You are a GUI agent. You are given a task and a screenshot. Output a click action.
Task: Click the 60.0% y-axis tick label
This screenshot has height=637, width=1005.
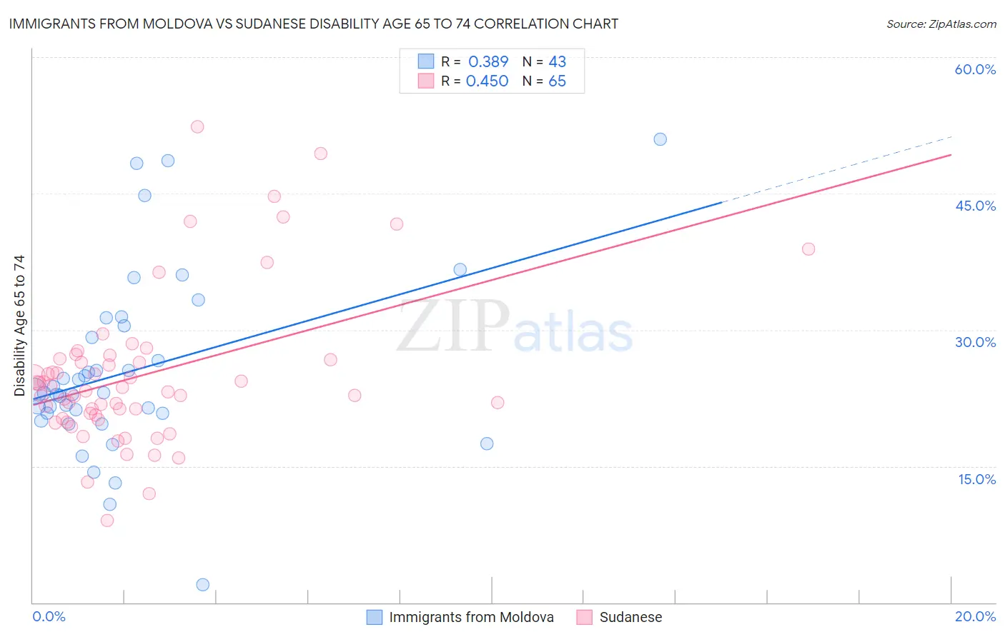975,70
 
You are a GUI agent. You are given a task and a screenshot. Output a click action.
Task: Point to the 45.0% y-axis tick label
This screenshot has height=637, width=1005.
975,206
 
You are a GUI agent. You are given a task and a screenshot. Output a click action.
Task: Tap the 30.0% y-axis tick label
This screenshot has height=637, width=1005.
975,342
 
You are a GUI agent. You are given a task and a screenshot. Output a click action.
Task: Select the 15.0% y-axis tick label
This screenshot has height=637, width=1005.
976,479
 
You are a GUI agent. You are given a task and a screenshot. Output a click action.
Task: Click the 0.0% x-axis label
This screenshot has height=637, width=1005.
49,616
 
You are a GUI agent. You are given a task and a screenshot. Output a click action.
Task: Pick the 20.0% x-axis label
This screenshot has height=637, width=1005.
975,616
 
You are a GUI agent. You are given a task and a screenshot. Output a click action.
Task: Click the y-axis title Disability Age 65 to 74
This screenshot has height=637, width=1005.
19,326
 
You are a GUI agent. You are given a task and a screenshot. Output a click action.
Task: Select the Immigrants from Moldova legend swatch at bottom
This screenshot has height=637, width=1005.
374,617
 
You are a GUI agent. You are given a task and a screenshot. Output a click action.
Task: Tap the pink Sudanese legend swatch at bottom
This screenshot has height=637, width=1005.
584,617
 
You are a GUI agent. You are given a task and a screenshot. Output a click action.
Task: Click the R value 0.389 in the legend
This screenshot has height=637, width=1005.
488,62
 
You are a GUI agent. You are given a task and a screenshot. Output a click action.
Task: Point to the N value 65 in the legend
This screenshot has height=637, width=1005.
557,81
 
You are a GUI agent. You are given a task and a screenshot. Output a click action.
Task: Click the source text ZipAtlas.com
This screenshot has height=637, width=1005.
941,24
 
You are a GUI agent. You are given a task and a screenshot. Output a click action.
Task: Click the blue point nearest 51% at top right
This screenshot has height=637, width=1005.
660,139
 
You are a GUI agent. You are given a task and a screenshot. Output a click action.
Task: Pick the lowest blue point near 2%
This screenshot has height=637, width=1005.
202,585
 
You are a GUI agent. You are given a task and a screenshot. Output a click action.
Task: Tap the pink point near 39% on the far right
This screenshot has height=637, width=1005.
808,249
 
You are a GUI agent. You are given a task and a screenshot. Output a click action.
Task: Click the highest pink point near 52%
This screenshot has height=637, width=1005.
197,127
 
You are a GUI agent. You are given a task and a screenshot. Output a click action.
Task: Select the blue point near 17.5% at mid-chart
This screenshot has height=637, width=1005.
487,443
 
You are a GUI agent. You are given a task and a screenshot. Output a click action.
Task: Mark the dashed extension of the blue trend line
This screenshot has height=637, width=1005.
836,169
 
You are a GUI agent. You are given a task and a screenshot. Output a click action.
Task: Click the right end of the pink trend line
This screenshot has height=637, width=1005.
950,155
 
